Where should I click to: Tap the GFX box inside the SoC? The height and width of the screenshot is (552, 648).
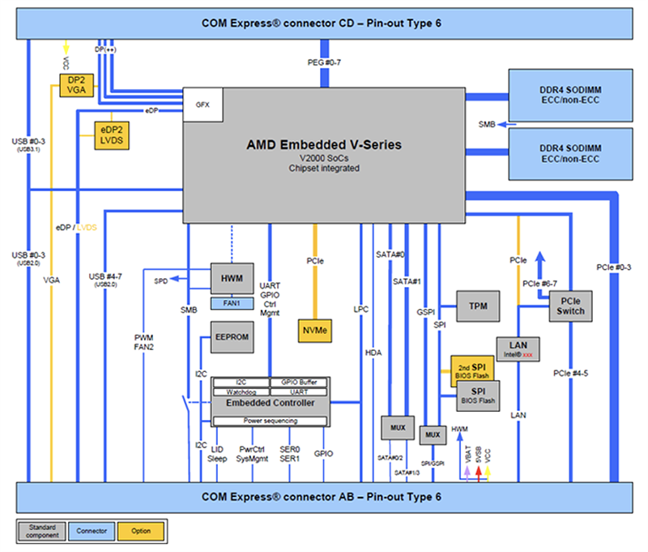[202, 105]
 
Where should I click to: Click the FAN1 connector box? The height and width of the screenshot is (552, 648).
[232, 303]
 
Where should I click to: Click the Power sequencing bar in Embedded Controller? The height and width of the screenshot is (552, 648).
[270, 421]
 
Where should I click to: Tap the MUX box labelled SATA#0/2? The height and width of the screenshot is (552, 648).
[398, 427]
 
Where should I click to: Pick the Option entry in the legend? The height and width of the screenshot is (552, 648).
[142, 531]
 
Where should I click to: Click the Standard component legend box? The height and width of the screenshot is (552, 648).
[41, 531]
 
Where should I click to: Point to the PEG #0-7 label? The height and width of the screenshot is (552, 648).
[326, 62]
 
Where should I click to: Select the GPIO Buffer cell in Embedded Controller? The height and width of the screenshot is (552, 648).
[299, 382]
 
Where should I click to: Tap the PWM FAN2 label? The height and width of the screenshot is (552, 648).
[143, 341]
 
